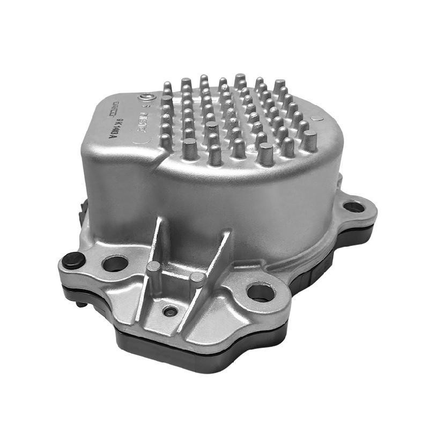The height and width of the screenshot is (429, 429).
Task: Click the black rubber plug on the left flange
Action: tap(73, 260)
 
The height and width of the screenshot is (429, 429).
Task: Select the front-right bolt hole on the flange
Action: tap(261, 292)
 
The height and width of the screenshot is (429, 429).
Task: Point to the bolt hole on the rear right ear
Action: tap(353, 206)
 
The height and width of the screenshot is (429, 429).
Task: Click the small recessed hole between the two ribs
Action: tap(170, 310)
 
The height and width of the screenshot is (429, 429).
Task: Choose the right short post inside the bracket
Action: tap(197, 278)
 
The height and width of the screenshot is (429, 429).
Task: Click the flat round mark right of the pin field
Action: tap(317, 117)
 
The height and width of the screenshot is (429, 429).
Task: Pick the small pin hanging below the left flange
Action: tap(79, 304)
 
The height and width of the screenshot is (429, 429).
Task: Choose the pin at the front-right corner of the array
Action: tap(309, 140)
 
